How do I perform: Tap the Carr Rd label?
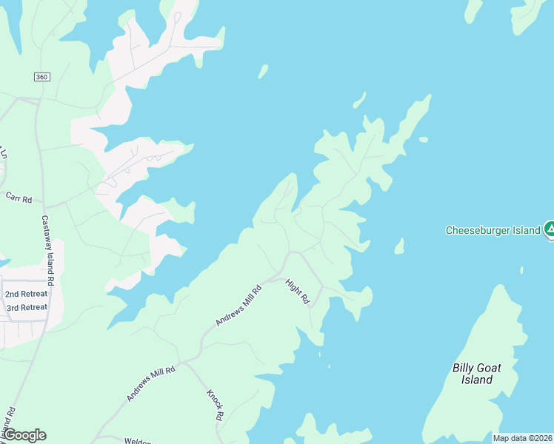(19, 198)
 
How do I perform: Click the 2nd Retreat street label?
(27, 294)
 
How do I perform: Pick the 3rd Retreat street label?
(27, 307)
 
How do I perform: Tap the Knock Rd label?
(215, 405)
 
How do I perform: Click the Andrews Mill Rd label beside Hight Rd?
(238, 306)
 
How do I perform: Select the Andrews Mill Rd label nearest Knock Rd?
(150, 383)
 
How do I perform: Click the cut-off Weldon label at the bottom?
(138, 441)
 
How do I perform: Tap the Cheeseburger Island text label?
(493, 230)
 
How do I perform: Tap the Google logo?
(24, 435)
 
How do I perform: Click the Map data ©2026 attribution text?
(523, 438)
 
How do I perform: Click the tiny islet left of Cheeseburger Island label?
(399, 246)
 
